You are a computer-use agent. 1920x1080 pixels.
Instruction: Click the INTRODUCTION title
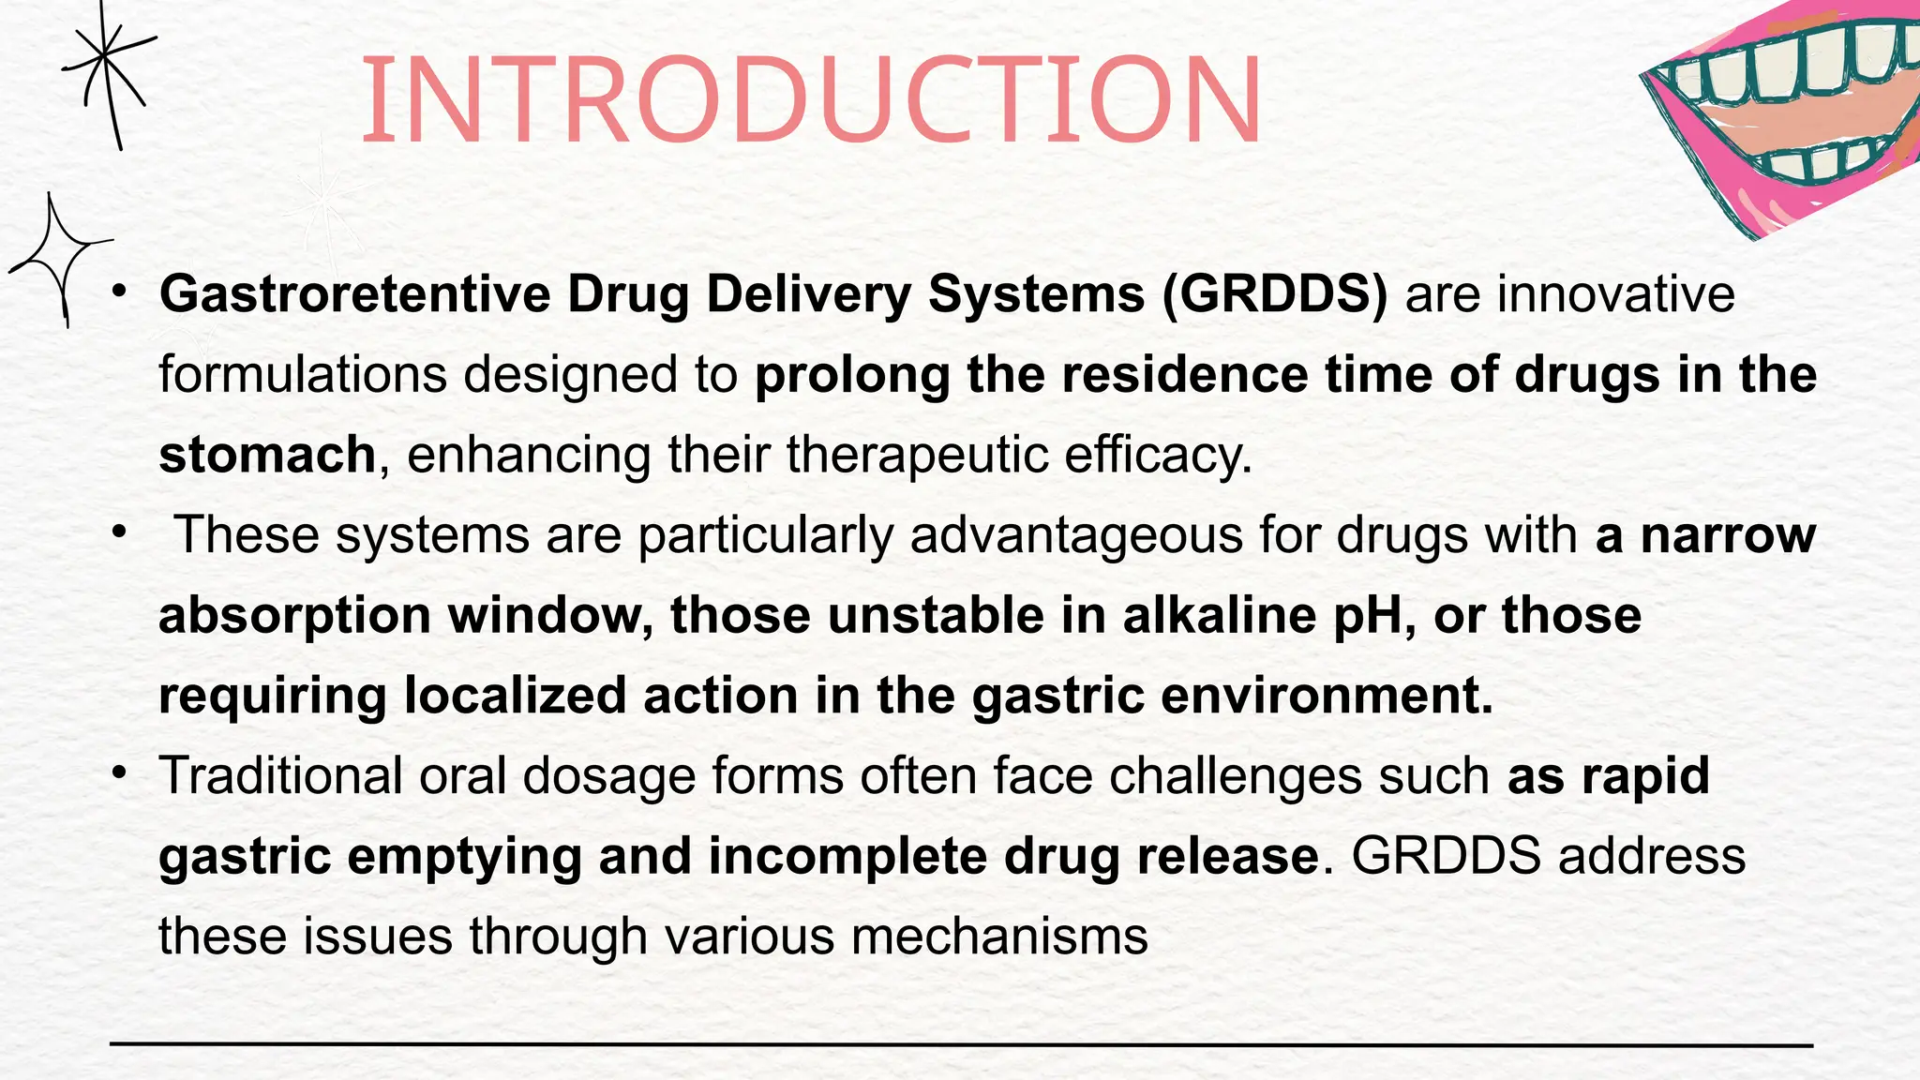[x=812, y=100]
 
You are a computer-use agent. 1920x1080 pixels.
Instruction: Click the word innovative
[x=1615, y=294]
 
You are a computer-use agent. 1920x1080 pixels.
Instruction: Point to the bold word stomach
[x=267, y=455]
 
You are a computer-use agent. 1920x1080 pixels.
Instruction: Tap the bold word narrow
[x=1728, y=535]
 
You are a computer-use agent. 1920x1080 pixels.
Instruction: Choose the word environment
[x=1326, y=697]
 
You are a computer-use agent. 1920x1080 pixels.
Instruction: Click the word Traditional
[x=280, y=776]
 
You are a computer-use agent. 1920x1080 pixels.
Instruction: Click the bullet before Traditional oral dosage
[x=118, y=772]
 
